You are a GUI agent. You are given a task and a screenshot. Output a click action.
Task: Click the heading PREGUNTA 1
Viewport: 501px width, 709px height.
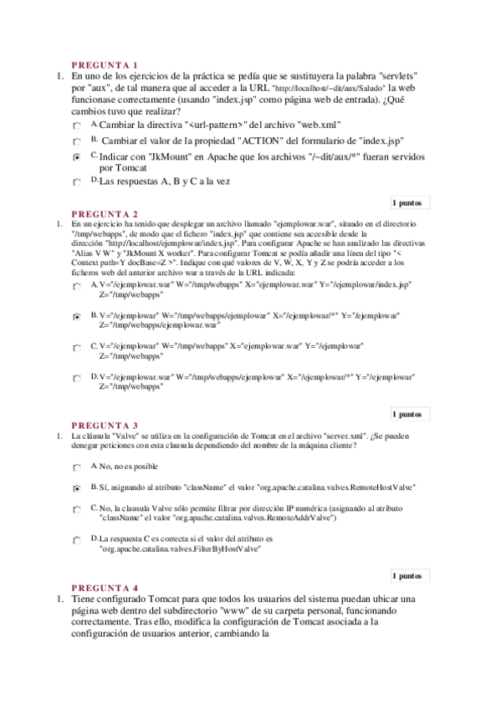point(105,64)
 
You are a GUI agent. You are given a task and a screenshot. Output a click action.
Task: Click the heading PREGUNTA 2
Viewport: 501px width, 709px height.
point(105,213)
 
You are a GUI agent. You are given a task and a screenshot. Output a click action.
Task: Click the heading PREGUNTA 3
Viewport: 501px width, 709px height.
point(105,425)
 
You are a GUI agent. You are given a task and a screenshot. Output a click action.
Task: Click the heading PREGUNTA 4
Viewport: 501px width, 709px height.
point(105,588)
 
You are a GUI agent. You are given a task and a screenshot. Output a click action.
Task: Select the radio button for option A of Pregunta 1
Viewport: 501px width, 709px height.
point(77,125)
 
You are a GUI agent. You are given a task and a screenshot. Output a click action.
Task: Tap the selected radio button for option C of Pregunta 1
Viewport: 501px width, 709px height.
point(77,156)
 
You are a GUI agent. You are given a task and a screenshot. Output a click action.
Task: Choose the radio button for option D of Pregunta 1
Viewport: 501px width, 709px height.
point(77,181)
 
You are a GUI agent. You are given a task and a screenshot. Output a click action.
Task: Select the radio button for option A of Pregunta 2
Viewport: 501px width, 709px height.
point(77,286)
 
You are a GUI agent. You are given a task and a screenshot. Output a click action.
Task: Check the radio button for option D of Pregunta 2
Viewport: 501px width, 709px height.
point(77,378)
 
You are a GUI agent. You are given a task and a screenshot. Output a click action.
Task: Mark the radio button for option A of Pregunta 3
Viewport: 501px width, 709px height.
point(77,467)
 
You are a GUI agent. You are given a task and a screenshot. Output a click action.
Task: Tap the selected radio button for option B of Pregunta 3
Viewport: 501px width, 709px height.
point(77,487)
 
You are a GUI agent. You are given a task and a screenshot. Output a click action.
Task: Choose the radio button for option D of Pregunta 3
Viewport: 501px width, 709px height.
point(77,541)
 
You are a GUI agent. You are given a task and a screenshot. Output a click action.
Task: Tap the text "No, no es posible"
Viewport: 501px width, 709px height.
point(128,466)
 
